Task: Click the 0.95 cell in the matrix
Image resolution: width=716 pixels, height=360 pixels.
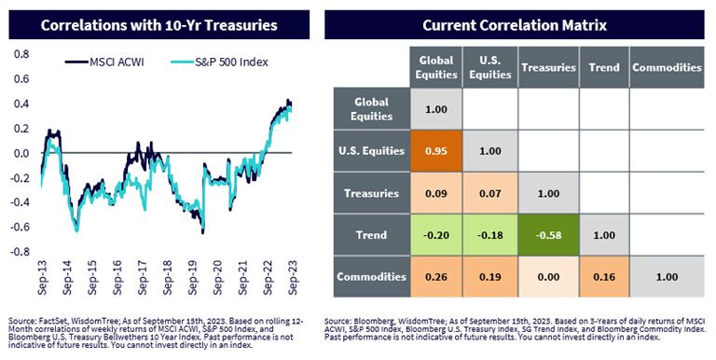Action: pos(436,151)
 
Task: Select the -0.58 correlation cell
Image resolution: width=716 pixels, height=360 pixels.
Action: pos(548,235)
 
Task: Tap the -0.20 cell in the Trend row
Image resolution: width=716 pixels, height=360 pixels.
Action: pos(436,235)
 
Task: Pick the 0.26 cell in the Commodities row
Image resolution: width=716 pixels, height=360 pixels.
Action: pos(436,277)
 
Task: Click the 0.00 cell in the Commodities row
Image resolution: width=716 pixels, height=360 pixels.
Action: pos(548,277)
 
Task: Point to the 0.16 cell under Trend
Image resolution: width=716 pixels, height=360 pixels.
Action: pos(604,277)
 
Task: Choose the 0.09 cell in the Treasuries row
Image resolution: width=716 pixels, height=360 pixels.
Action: pos(436,193)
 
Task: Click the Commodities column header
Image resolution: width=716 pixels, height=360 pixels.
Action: pos(667,67)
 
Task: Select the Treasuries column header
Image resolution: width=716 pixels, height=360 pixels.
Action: pos(548,67)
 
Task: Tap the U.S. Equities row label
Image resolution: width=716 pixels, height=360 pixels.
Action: pos(372,151)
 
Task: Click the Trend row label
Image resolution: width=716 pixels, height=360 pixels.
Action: pos(372,235)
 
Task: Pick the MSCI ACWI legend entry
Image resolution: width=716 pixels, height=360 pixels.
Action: pos(104,62)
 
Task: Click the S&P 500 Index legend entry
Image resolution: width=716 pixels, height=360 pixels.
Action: pos(219,62)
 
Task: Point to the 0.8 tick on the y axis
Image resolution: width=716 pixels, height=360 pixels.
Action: pos(21,54)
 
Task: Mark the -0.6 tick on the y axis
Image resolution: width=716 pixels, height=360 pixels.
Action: pos(20,227)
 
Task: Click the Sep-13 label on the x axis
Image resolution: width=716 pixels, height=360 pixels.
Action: pos(43,277)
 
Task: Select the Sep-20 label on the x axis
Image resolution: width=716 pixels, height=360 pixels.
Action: pos(218,277)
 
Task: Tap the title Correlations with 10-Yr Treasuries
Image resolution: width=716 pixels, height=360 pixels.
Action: pos(158,24)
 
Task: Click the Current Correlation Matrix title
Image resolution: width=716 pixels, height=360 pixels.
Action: pos(515,24)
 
